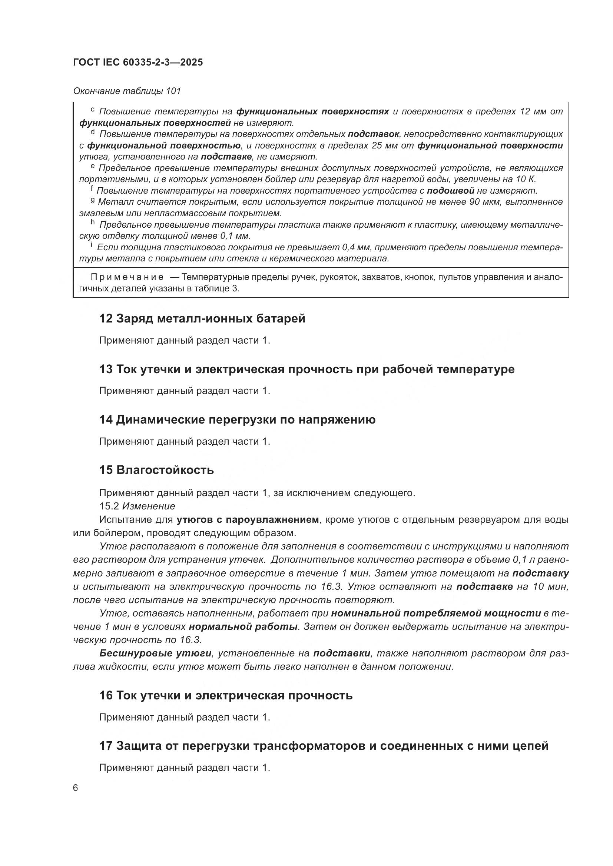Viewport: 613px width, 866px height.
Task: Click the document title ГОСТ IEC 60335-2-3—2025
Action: pyautogui.click(x=138, y=62)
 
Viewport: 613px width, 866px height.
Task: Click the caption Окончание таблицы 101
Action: pyautogui.click(x=127, y=91)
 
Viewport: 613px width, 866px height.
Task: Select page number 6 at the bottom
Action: pyautogui.click(x=76, y=788)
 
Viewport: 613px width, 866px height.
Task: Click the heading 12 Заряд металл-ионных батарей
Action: pyautogui.click(x=202, y=319)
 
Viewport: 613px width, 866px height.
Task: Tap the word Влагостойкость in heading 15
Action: pyautogui.click(x=165, y=470)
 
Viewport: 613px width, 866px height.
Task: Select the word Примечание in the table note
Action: pyautogui.click(x=127, y=277)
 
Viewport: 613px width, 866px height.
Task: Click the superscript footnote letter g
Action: pyautogui.click(x=93, y=201)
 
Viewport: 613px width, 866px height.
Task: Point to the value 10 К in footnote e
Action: pyautogui.click(x=526, y=179)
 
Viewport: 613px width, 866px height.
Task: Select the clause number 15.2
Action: pyautogui.click(x=109, y=506)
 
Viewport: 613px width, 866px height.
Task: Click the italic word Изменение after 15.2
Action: pyautogui.click(x=149, y=506)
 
